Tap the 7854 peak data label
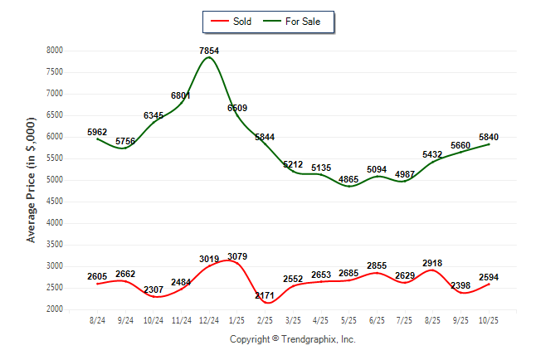coord(209,51)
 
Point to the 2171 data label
coord(266,296)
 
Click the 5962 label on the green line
coord(98,131)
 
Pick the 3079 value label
coord(237,255)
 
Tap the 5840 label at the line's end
coord(490,138)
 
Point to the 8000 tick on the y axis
coord(56,51)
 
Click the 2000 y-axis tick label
coord(56,309)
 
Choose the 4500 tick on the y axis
coord(56,202)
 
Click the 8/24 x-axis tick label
coord(98,319)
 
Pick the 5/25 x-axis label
coord(349,319)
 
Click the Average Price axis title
coord(32,180)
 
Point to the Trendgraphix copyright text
coord(292,339)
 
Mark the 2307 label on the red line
coord(153,290)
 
